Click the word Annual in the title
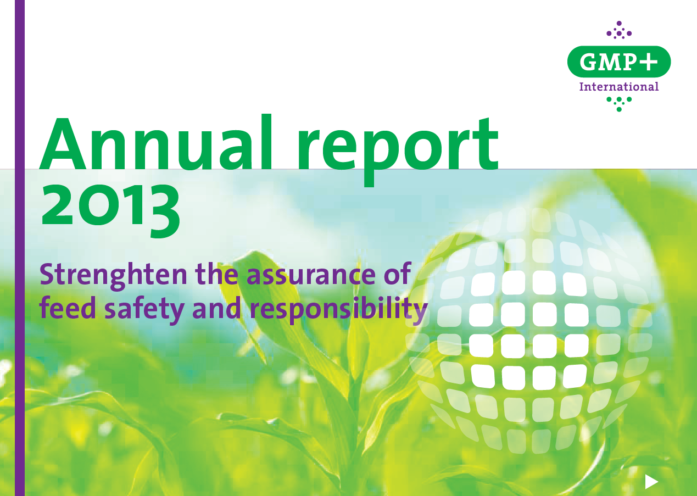157,142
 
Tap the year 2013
111,211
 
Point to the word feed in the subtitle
68,307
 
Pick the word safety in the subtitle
144,310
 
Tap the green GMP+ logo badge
619,62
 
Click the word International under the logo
619,86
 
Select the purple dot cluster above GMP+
619,30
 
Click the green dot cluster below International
619,104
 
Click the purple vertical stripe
20,248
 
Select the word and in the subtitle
216,307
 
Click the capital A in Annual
63,144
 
